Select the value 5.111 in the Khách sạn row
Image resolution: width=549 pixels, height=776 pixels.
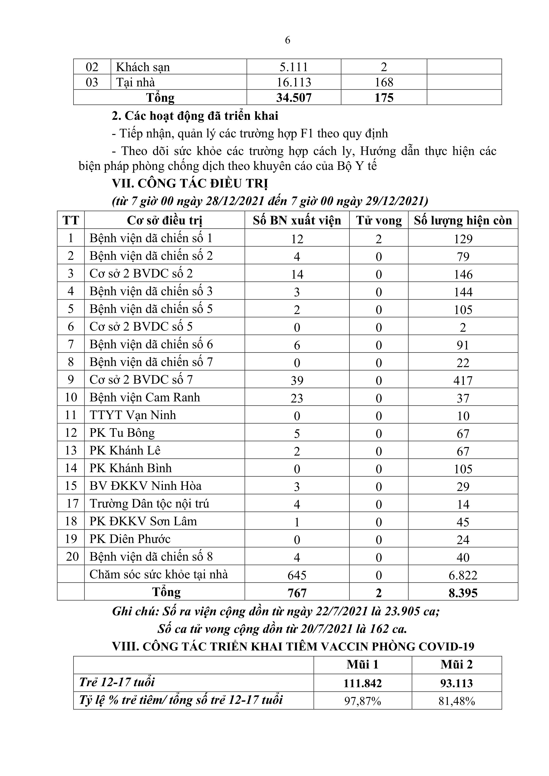point(294,67)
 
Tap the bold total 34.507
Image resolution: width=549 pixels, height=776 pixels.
point(294,98)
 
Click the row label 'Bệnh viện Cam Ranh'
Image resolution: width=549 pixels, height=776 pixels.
point(144,397)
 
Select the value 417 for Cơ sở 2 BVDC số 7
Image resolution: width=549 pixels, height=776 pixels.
point(463,381)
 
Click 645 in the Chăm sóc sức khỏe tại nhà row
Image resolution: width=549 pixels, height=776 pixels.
point(297,575)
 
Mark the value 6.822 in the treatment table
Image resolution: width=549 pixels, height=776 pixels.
point(463,575)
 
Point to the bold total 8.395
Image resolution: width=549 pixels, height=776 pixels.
point(463,593)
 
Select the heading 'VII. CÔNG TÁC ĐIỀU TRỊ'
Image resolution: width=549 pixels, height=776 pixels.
point(190,184)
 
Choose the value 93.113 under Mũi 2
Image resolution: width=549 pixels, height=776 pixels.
point(456,683)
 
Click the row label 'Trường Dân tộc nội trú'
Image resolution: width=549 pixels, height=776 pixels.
point(149,504)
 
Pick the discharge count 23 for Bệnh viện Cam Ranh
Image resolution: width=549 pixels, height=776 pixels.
point(297,398)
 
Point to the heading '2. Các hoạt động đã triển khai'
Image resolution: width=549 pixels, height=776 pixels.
point(195,116)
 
